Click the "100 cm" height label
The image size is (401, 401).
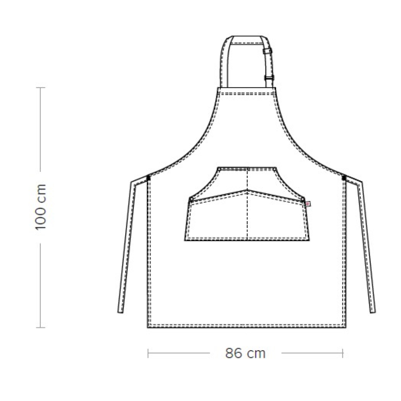[41, 207]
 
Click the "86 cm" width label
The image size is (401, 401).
[245, 353]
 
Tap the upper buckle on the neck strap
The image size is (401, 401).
[267, 51]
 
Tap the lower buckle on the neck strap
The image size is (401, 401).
[269, 77]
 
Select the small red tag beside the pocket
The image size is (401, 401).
[308, 204]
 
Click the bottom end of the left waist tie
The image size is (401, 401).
[120, 311]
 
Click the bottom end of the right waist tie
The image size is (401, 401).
[373, 311]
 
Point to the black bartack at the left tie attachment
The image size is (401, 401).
[148, 178]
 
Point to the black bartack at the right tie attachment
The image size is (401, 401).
[344, 178]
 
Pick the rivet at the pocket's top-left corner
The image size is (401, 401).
[219, 169]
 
